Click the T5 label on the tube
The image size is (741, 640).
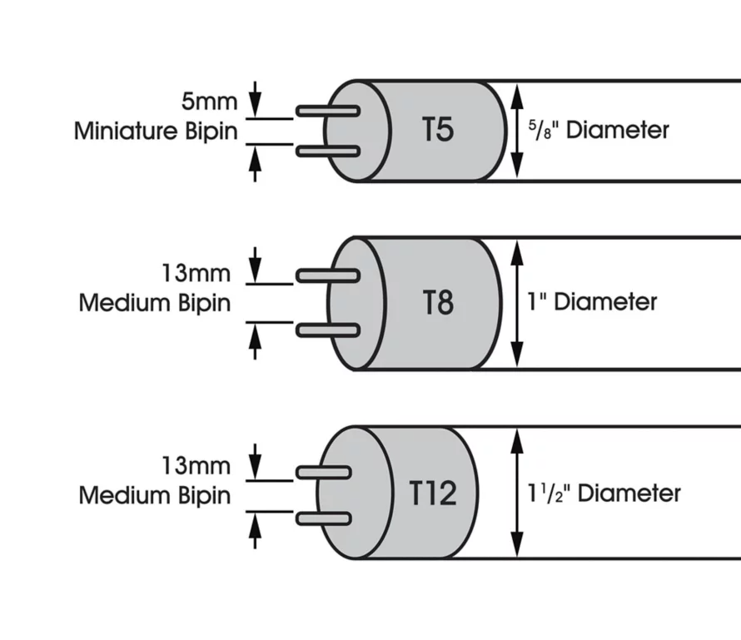[438, 131]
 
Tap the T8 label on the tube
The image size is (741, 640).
[438, 302]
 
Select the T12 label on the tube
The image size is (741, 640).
[433, 494]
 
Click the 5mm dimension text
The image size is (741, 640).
[209, 103]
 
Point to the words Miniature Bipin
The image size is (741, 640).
[156, 131]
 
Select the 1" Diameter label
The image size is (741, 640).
[592, 301]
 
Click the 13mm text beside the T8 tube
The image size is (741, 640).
[196, 274]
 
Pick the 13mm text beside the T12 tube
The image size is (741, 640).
[196, 466]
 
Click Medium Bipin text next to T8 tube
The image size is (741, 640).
[155, 302]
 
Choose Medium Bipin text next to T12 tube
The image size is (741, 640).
[155, 496]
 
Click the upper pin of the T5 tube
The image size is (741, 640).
[328, 111]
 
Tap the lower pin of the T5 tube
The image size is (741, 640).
[328, 151]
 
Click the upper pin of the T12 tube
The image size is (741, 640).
[323, 472]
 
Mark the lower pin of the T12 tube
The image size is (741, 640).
[323, 519]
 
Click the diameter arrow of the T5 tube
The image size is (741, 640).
[517, 131]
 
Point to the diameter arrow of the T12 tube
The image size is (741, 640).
[518, 493]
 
